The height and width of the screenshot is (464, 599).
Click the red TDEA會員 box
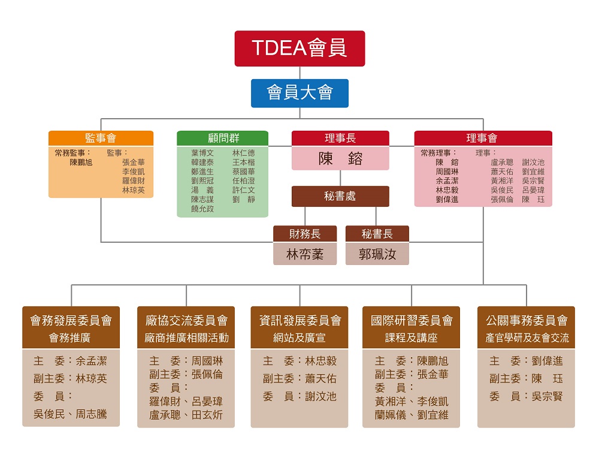[x=299, y=49]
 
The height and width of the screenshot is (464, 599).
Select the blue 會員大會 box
[x=299, y=94]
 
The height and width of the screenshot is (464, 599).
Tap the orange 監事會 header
[x=101, y=138]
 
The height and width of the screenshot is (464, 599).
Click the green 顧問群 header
[x=223, y=138]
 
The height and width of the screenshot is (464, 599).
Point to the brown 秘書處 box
[x=340, y=197]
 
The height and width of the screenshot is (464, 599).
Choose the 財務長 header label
[x=305, y=234]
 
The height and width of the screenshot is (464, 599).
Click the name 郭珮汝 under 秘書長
[x=377, y=254]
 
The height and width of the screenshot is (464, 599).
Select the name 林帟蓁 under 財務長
[x=305, y=254]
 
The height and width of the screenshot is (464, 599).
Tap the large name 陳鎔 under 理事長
[x=340, y=159]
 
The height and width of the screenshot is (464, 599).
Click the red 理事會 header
[x=483, y=138]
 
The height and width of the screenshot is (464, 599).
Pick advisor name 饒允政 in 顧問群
[x=202, y=209]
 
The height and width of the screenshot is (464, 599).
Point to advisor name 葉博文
[x=202, y=153]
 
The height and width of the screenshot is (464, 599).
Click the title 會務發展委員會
[x=71, y=320]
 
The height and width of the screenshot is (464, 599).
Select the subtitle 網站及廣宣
[x=299, y=338]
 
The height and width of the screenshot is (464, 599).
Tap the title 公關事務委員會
[x=527, y=320]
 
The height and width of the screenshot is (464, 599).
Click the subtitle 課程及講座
[x=411, y=338]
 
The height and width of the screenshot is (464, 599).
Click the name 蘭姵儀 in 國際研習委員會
[x=391, y=415]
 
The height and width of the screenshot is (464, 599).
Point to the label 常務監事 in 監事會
[x=70, y=153]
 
